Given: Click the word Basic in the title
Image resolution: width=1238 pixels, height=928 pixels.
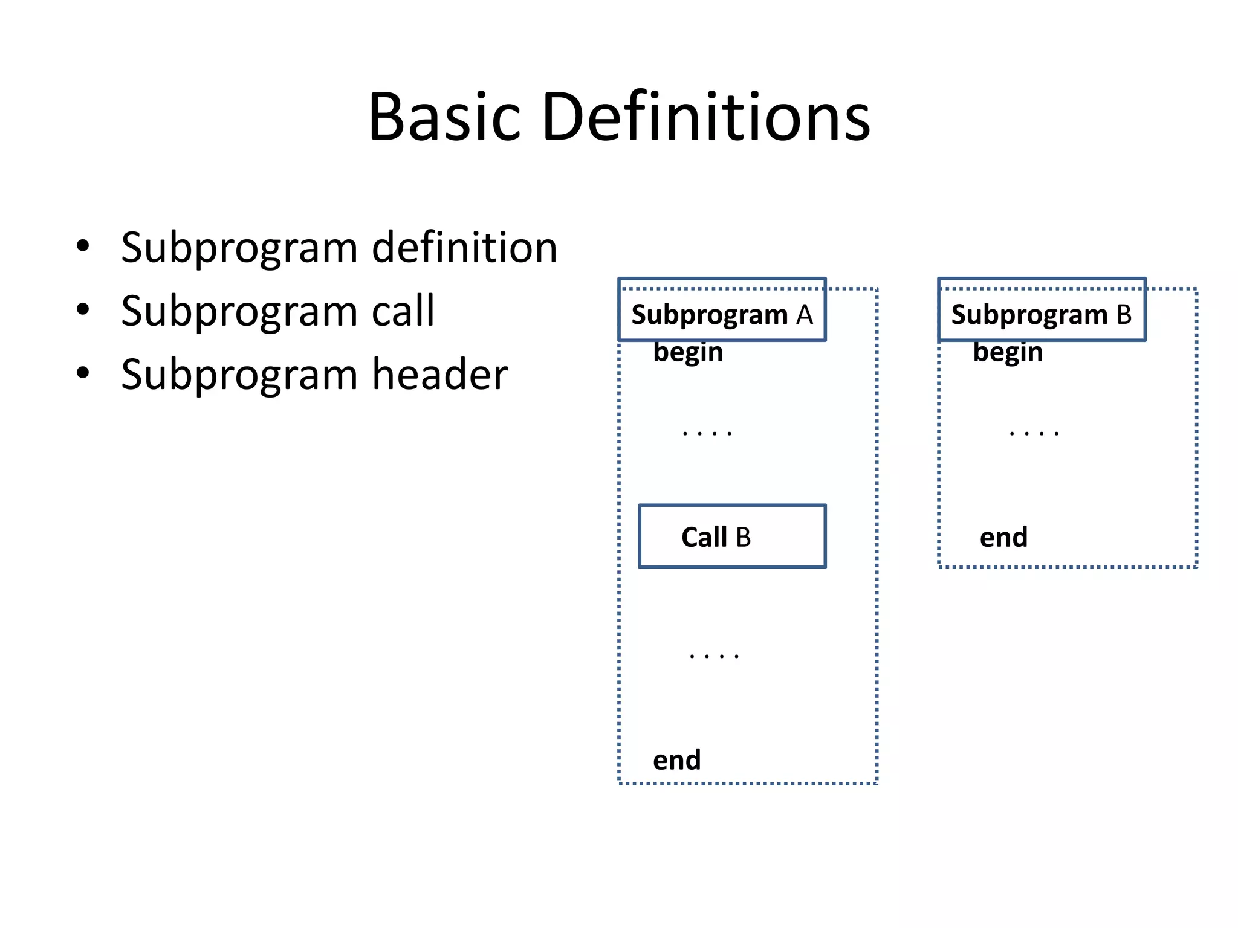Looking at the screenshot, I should (444, 117).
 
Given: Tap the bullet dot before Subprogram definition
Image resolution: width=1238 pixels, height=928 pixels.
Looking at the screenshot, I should (83, 246).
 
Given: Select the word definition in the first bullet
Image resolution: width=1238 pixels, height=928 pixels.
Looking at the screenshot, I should (464, 247).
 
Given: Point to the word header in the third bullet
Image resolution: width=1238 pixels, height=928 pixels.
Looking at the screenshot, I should (439, 374).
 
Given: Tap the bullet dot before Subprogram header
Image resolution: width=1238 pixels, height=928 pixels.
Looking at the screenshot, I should (83, 373).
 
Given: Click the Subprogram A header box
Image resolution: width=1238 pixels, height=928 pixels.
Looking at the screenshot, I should (722, 310).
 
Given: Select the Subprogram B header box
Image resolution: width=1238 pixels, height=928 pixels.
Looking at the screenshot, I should (1041, 310).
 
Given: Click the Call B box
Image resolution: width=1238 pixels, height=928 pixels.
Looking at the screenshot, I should (732, 536).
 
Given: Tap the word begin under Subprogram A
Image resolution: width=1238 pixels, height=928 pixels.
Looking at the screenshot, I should (688, 352).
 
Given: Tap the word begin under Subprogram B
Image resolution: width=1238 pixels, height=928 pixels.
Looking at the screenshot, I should (1008, 352).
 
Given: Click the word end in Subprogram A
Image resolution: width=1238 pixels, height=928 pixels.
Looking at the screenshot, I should (676, 760).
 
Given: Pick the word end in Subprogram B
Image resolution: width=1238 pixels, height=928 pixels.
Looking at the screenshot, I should (1003, 537).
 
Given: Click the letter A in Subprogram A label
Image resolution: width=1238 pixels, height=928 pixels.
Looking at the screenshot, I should (804, 315).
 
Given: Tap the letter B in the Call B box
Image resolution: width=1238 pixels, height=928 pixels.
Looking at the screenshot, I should (743, 537).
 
